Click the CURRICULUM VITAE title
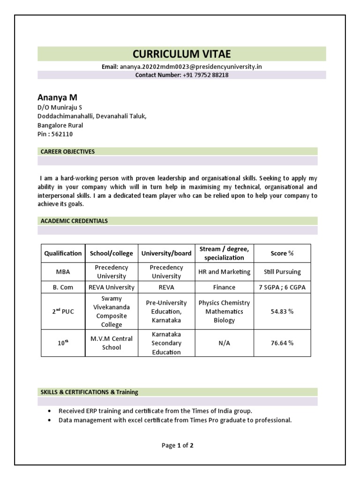[x=181, y=54]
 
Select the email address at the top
[x=190, y=67]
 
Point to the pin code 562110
[x=62, y=134]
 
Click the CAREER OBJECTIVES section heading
[x=67, y=151]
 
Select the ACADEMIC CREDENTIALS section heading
[x=74, y=221]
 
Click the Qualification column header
[x=63, y=253]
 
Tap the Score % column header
[x=282, y=253]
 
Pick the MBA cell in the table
[x=63, y=272]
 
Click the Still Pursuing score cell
[x=282, y=272]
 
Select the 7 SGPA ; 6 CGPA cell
[x=282, y=287]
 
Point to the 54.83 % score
[x=282, y=312]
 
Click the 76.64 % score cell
[x=282, y=343]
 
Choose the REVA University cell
[x=112, y=287]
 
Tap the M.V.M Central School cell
[x=112, y=343]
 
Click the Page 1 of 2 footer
[x=178, y=446]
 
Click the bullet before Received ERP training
[x=49, y=411]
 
